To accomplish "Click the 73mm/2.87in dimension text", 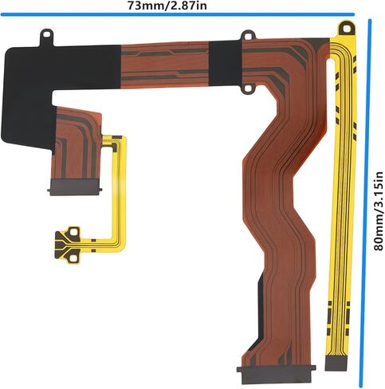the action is pyautogui.click(x=167, y=6).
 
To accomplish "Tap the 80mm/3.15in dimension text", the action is pyautogui.click(x=379, y=211).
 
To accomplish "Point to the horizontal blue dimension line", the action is pyautogui.click(x=178, y=14).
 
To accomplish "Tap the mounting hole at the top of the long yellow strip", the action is pyautogui.click(x=346, y=29).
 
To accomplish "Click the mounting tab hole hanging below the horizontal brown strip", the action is pyautogui.click(x=248, y=88).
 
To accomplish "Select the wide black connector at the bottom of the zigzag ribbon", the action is pyautogui.click(x=277, y=373).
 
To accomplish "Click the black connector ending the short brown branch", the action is pyautogui.click(x=74, y=187).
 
